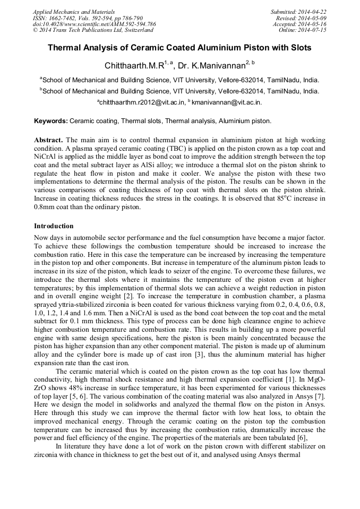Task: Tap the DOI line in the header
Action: tap(95, 24)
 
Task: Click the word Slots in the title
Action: tap(301, 48)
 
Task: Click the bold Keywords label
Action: tap(51, 121)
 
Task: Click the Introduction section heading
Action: tap(54, 226)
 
